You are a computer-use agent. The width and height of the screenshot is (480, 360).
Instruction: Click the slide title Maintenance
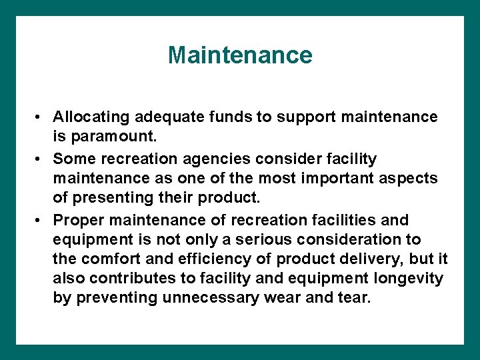[240, 55]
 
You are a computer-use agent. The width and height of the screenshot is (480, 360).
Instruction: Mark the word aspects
[413, 179]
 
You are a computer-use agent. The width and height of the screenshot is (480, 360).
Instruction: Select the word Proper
[75, 220]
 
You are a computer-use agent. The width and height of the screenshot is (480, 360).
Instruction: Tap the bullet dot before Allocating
[41, 118]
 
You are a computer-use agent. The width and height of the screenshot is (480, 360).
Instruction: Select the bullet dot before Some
[41, 159]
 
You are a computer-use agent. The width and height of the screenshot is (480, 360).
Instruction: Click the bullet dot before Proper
[41, 221]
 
